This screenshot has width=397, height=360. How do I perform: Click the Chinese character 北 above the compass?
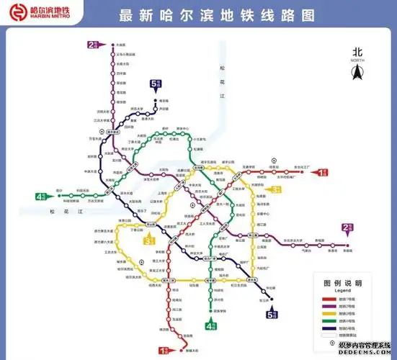[x=357, y=52]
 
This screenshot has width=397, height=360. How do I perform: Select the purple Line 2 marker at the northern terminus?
[x=92, y=45]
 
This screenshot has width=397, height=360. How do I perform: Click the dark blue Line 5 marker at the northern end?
[x=155, y=84]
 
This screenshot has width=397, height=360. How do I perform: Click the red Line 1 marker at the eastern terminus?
[x=323, y=172]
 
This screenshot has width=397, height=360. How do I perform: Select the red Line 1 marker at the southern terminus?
[x=164, y=350]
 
